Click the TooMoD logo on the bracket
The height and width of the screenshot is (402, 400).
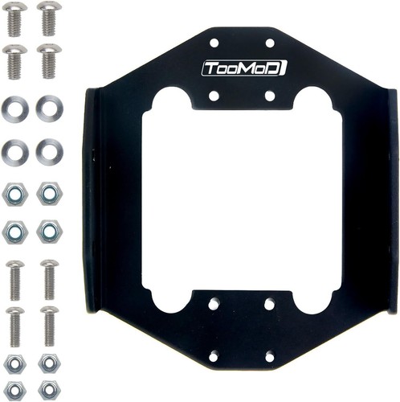pos(243,68)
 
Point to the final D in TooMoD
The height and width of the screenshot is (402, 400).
pos(278,68)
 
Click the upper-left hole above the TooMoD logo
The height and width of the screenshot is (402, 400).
pos(214,43)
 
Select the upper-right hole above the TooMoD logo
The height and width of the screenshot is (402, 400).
pos(270,43)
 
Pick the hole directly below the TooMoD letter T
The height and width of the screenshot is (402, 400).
pos(214,95)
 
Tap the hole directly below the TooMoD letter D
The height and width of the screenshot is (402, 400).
pos(270,95)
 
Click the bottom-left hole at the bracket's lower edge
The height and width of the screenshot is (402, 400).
pos(214,355)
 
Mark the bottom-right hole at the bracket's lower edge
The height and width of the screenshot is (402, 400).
pos(270,355)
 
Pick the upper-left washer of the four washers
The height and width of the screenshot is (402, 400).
pos(15,107)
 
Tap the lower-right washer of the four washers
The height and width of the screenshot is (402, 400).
pos(48,150)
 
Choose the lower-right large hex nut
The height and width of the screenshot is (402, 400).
pos(48,233)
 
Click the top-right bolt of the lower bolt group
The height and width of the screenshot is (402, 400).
pos(48,277)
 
